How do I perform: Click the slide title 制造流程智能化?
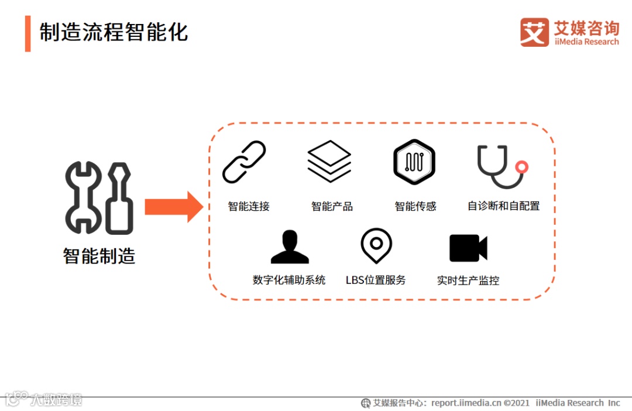pos(114,32)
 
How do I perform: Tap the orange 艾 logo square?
pos(534,32)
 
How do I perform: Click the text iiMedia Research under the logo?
pos(586,42)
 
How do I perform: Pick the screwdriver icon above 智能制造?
pos(119,198)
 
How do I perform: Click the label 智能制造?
pos(99,256)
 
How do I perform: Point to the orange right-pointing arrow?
pos(174,207)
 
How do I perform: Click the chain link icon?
pos(244,162)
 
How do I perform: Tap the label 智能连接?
pos(249,206)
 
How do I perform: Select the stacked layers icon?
pos(329,161)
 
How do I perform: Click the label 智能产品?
pos(332,206)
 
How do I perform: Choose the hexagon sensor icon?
pos(414,162)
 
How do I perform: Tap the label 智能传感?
pos(415,206)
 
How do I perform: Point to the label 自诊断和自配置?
pos(503,206)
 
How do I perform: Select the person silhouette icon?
pos(289,247)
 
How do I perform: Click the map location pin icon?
pos(376,245)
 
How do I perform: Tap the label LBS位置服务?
pos(376,280)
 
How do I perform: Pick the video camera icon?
pos(468,248)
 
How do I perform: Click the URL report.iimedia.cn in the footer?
pos(466,403)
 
